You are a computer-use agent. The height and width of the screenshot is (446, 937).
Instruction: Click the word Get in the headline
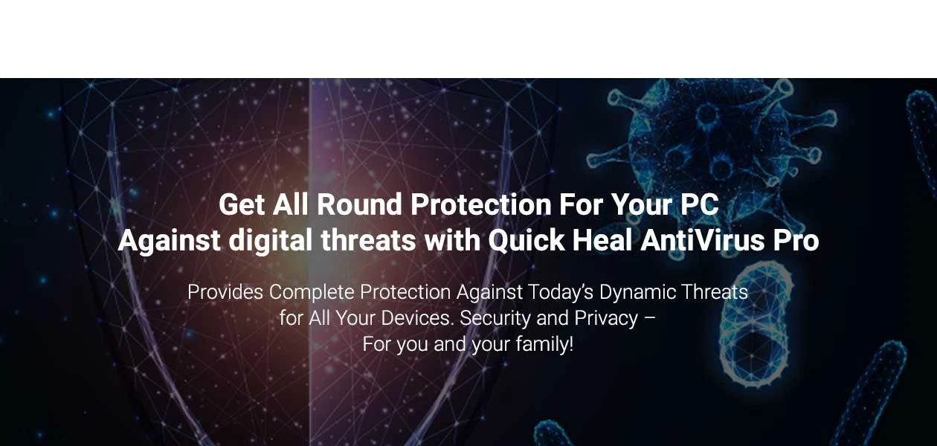pos(242,205)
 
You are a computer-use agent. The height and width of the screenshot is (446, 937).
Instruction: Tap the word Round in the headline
pos(359,205)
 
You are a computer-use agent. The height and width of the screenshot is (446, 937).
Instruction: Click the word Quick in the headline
pos(527,240)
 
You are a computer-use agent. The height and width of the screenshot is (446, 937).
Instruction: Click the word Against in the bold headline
pos(169,241)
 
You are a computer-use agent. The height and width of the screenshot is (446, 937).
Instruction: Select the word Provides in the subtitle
pos(225,292)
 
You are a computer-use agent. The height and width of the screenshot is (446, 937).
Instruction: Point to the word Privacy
pos(606,319)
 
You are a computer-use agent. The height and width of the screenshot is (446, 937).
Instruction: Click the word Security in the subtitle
pos(495,319)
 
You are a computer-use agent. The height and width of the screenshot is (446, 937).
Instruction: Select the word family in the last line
pos(544,345)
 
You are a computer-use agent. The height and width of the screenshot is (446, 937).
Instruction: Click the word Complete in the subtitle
pos(312,293)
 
